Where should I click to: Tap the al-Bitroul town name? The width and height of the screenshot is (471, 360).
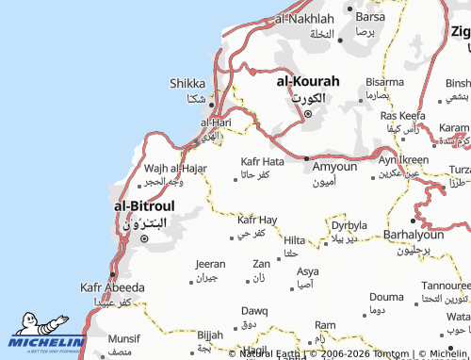click(143, 205)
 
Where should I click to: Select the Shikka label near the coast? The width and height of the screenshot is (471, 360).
click(187, 83)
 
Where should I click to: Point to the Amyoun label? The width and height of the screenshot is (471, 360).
click(334, 166)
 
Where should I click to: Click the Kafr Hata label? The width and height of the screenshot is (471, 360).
click(262, 161)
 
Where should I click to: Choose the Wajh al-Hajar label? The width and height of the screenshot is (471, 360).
click(176, 169)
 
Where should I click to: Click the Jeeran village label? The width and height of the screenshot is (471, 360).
click(209, 264)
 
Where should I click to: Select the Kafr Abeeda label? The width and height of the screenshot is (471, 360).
click(112, 286)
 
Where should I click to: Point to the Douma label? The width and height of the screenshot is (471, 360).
click(384, 296)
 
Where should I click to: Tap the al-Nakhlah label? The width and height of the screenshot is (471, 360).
click(303, 19)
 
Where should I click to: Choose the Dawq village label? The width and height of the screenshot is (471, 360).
click(254, 310)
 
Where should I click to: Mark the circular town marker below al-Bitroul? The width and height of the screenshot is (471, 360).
click(144, 238)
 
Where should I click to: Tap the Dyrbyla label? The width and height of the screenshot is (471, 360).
click(349, 225)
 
